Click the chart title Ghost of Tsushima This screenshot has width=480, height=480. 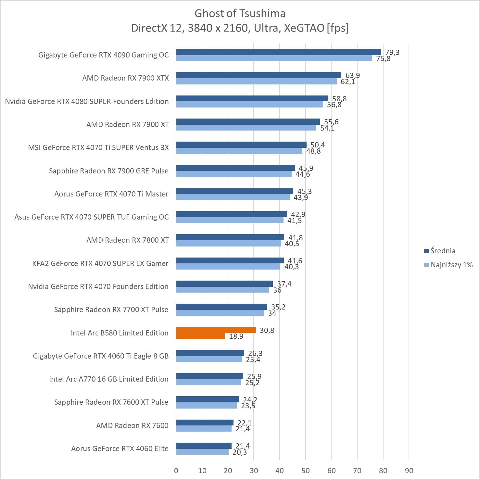[240, 13]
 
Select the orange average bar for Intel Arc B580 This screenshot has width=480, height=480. [216, 330]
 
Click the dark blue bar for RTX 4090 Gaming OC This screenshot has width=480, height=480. [279, 52]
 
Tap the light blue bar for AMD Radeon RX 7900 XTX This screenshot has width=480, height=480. [257, 82]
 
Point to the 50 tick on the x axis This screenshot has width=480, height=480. [305, 471]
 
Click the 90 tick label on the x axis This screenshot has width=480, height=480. [409, 471]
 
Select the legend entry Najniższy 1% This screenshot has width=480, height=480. [451, 265]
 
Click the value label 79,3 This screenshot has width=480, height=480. [392, 52]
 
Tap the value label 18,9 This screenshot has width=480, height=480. [236, 336]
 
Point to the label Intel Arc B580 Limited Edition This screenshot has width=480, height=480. [120, 333]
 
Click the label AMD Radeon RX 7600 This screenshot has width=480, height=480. [132, 425]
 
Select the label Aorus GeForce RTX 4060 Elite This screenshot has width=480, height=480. [120, 448]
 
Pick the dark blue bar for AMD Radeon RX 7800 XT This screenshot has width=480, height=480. [230, 237]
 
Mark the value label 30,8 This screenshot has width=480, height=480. [267, 330]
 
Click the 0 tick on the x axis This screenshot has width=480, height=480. [176, 471]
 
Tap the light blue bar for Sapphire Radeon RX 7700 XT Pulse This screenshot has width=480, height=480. [220, 313]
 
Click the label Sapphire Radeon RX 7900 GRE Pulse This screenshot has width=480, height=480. [109, 171]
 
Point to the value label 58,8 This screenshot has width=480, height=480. [339, 99]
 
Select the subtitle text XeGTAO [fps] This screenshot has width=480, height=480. [316, 28]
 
